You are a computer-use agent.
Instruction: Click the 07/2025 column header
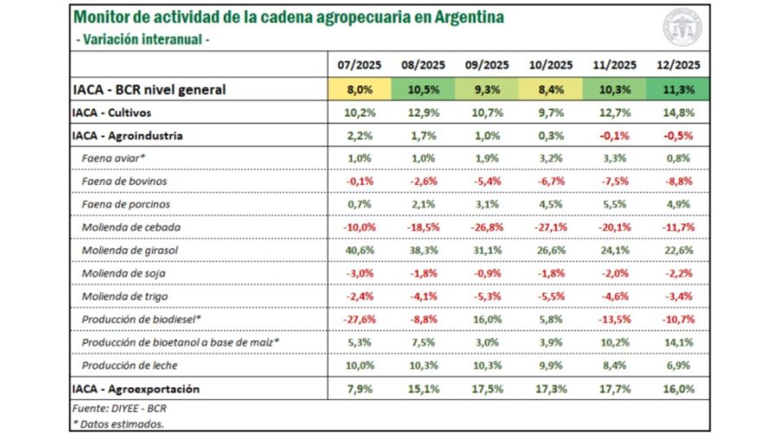tap(356, 65)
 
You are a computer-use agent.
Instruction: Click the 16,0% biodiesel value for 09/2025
tap(486, 319)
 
